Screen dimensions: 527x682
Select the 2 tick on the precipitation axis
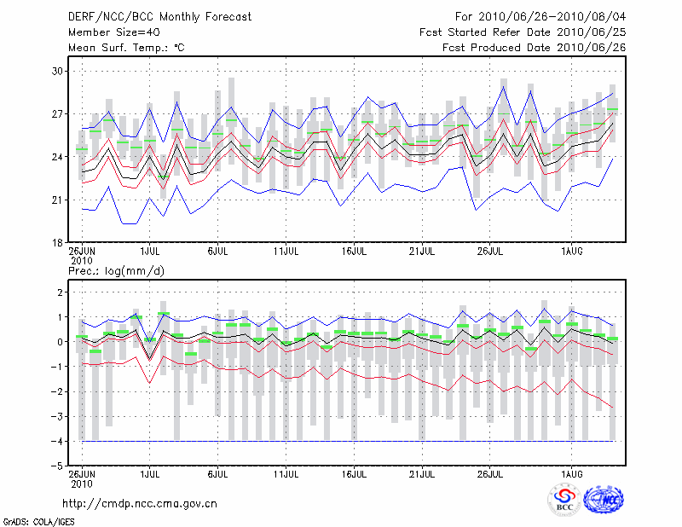61,292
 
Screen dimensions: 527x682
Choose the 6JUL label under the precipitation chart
218,472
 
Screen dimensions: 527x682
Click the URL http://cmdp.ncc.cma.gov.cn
140,503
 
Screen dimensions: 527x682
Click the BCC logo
565,500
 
